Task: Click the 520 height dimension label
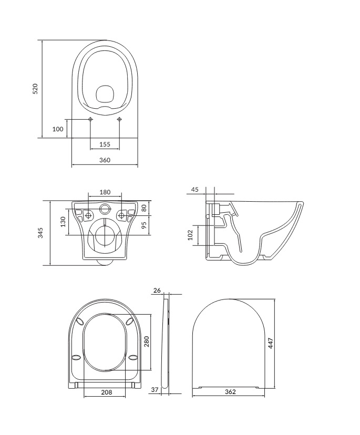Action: (36, 89)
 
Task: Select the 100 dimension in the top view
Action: (58, 128)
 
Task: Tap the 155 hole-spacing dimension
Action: (105, 144)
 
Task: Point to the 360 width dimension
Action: (105, 160)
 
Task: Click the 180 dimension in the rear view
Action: (105, 192)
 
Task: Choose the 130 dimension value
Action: (64, 222)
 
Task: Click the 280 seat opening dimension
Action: (147, 342)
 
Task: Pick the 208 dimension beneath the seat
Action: (105, 392)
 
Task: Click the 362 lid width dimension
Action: (229, 392)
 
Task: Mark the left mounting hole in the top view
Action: (90, 120)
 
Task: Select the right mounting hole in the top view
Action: (119, 120)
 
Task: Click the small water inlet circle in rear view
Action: (105, 209)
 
